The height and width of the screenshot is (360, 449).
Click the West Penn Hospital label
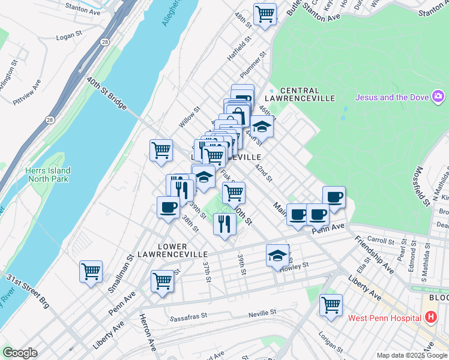tap(382, 317)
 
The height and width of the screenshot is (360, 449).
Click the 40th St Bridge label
tap(107, 93)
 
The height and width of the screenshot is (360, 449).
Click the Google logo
tap(20, 353)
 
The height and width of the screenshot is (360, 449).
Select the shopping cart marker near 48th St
tap(265, 13)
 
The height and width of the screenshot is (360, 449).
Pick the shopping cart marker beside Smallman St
tap(91, 271)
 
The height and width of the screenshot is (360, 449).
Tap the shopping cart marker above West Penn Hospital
tap(331, 305)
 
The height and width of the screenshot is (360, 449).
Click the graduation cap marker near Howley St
tap(277, 256)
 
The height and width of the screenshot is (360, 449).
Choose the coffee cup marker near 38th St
tap(168, 207)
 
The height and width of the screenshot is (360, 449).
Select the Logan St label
tap(68, 37)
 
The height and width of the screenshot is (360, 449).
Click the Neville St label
tap(264, 313)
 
